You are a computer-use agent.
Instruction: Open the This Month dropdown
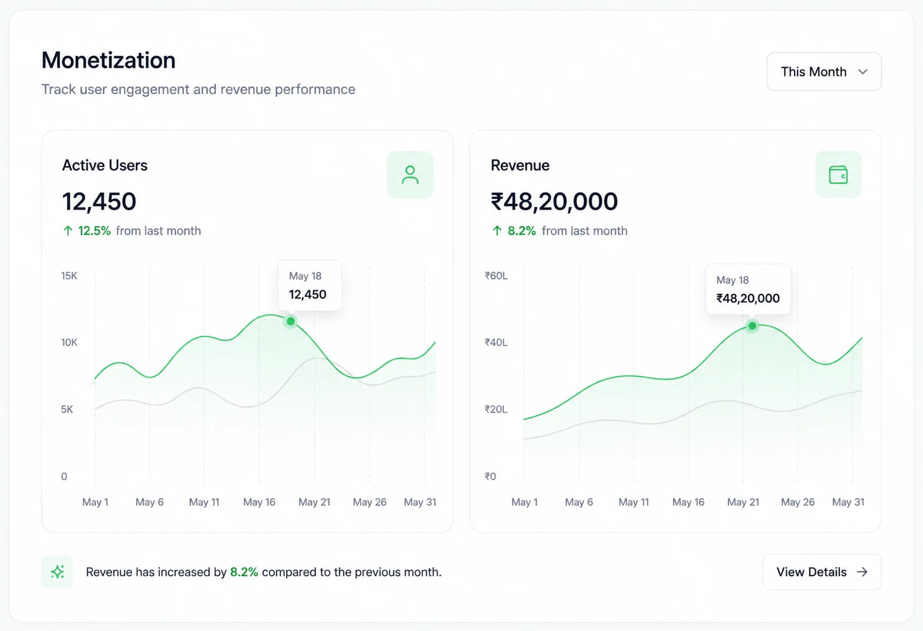click(824, 72)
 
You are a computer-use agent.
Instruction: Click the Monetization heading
click(109, 60)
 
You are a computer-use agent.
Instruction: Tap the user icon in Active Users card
click(410, 175)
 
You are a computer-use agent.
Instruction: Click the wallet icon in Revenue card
click(838, 175)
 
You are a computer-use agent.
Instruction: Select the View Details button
click(822, 571)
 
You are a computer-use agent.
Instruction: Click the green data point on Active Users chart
click(290, 321)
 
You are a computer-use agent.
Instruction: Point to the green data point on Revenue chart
click(752, 326)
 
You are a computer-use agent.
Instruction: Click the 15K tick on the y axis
click(69, 276)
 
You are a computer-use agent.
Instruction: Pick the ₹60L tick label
click(496, 276)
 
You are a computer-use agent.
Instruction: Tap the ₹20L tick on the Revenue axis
click(496, 410)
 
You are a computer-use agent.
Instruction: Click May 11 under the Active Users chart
click(204, 502)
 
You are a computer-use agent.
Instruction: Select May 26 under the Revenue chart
click(798, 502)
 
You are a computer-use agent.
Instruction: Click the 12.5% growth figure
click(94, 231)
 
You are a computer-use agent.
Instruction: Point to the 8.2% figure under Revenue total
click(521, 231)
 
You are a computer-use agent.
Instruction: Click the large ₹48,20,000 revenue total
click(554, 201)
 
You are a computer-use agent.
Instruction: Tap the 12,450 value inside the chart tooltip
click(307, 295)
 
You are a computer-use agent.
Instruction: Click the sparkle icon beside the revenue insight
click(58, 571)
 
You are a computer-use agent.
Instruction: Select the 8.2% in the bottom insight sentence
click(244, 572)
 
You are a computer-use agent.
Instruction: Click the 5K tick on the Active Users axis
click(67, 410)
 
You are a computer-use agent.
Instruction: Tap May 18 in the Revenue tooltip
click(732, 281)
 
